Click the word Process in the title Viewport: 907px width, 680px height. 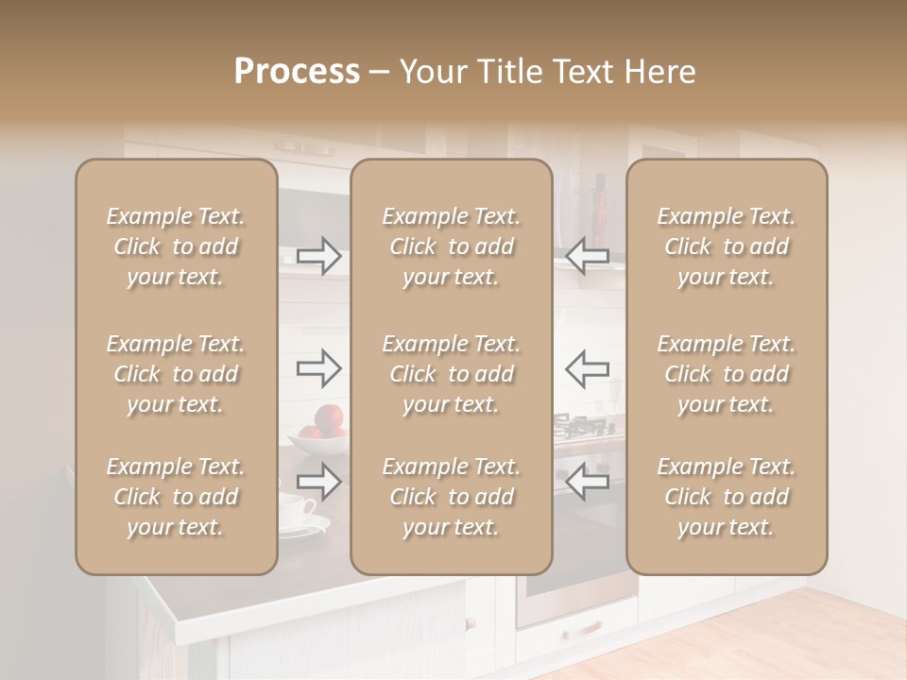click(297, 72)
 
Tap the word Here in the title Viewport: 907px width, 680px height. click(658, 72)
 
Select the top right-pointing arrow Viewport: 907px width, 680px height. click(319, 255)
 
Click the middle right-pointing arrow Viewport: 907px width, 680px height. click(319, 368)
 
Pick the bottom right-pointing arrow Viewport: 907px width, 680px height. click(319, 482)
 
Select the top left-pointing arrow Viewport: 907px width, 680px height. click(587, 255)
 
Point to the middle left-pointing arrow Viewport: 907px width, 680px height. click(587, 368)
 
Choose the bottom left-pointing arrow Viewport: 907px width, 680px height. click(587, 482)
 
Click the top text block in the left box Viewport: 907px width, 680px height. click(176, 246)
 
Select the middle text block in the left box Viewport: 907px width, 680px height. click(176, 374)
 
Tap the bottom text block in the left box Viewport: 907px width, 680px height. click(176, 497)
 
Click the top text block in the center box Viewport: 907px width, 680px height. click(451, 246)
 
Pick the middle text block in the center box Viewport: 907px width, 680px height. click(451, 374)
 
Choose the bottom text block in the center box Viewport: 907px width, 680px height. click(451, 497)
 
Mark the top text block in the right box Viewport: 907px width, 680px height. click(726, 246)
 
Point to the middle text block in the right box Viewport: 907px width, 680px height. click(726, 374)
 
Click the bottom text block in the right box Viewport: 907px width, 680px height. click(726, 497)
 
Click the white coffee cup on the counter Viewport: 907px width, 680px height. click(296, 510)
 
